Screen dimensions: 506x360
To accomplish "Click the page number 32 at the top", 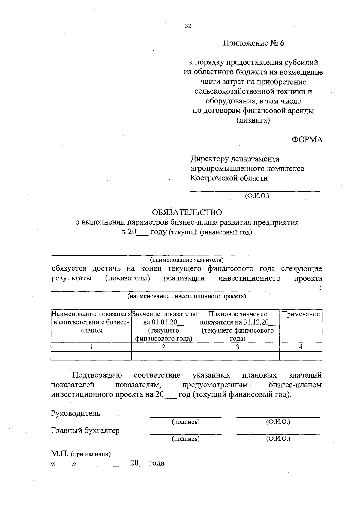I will click(188, 26).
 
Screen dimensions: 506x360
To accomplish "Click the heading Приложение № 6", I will click(253, 43).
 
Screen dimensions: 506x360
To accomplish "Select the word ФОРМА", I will click(307, 140).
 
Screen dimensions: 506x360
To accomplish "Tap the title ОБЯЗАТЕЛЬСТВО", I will click(187, 212).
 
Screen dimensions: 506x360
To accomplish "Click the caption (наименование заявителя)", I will click(187, 259).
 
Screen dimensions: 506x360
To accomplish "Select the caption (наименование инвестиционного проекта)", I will click(187, 296).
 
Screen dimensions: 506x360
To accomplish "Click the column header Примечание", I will click(301, 314).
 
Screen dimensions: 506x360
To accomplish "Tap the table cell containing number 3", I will click(238, 347).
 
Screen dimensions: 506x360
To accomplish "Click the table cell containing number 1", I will click(91, 347).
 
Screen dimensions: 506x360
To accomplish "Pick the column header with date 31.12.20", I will click(238, 326).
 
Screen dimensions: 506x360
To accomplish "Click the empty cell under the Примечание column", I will click(301, 356).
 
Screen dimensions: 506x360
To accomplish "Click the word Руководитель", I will click(76, 413).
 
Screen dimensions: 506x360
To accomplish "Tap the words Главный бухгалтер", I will click(85, 430).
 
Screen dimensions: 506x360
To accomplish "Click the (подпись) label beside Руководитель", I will click(185, 422).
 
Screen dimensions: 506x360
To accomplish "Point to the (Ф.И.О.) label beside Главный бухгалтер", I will click(278, 439).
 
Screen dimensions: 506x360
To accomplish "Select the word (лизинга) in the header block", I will click(253, 121).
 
